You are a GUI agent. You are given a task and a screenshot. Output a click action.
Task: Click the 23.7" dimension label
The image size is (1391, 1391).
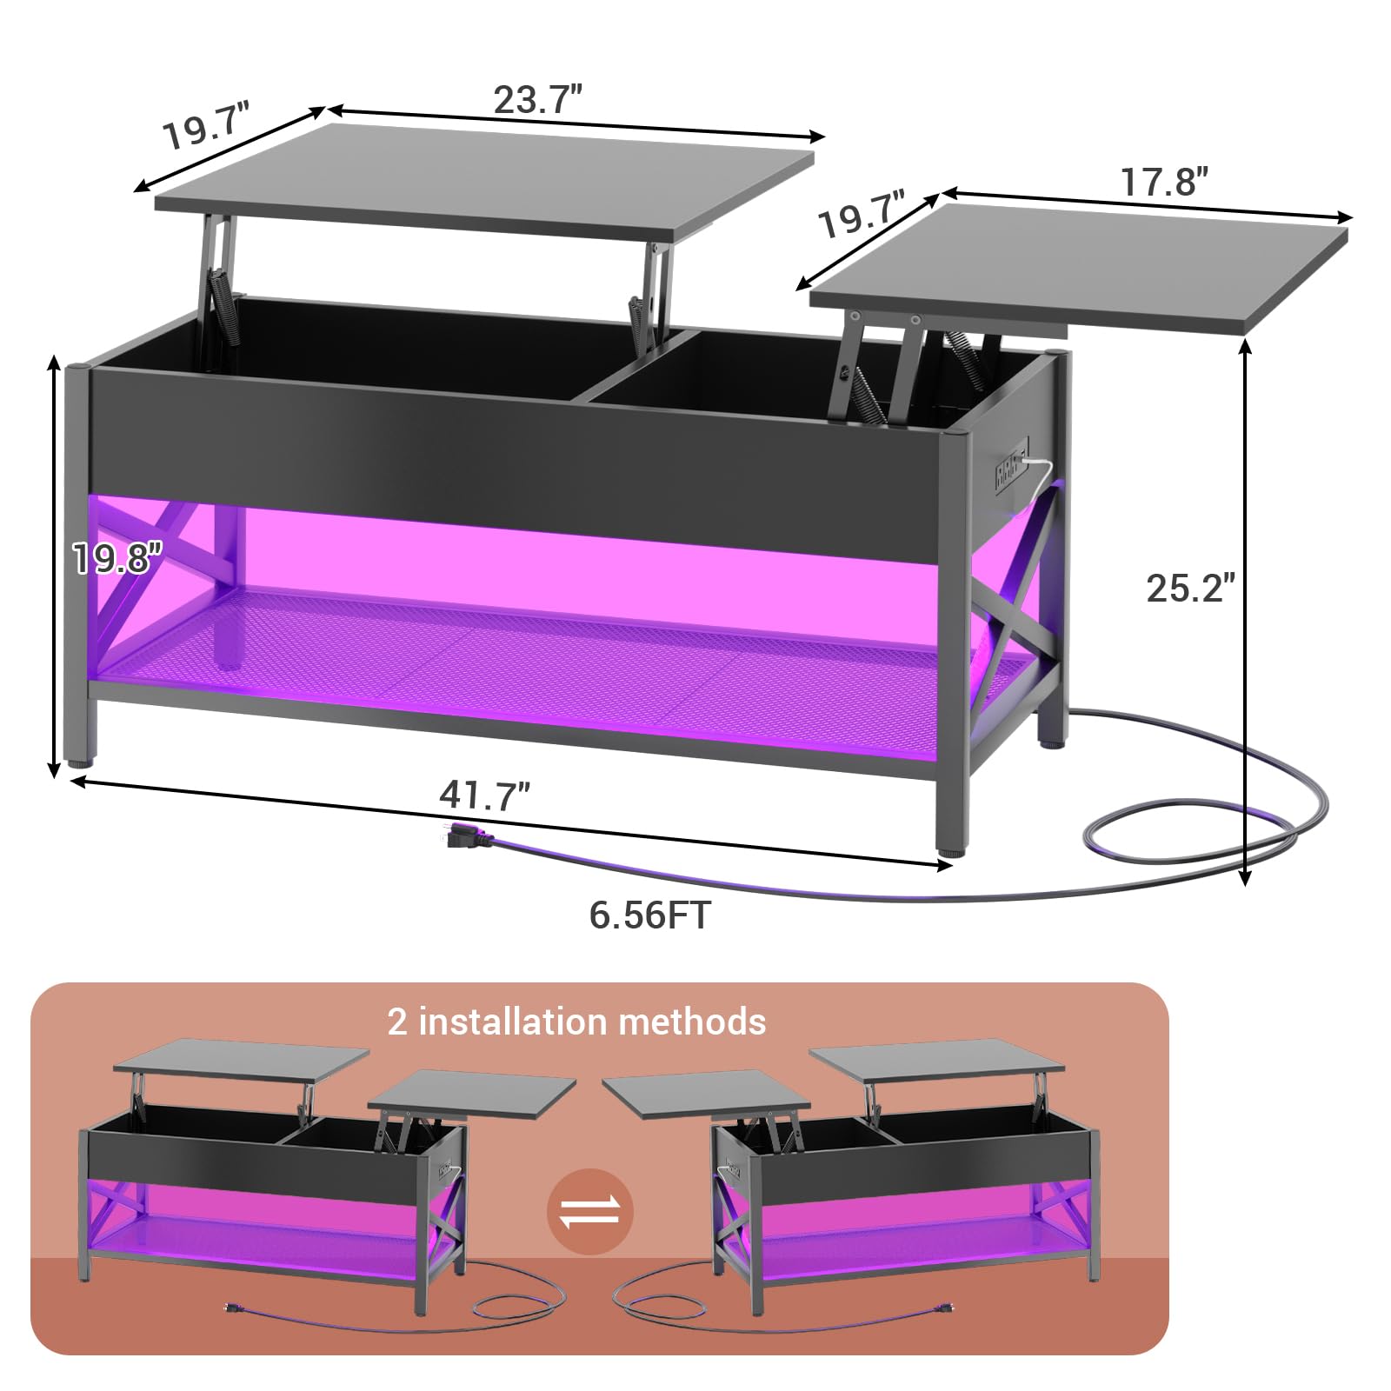pos(537,99)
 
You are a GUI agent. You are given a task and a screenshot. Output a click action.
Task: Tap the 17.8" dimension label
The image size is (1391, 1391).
pos(1164,182)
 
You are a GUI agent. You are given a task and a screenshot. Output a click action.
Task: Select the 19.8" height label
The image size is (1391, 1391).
pos(117,557)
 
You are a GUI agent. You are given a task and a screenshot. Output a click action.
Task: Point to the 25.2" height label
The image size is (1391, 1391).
pos(1190,588)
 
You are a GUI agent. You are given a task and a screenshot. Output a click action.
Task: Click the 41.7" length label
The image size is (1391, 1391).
pos(484,795)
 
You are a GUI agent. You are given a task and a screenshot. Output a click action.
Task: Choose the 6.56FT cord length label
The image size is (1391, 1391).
pos(649,915)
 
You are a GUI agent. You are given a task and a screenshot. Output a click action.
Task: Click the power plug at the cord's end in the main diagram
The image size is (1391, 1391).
pos(468,835)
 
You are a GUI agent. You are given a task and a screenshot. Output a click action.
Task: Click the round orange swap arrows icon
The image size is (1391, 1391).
pos(590,1211)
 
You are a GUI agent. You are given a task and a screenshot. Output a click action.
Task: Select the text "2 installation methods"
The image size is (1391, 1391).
pos(576,1022)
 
